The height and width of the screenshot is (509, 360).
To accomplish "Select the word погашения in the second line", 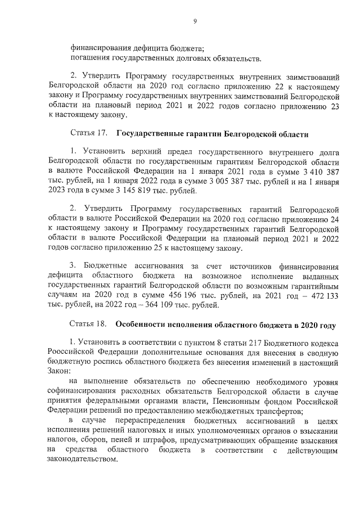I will pos(89,58).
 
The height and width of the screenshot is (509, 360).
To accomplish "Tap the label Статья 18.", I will pos(88,325).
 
